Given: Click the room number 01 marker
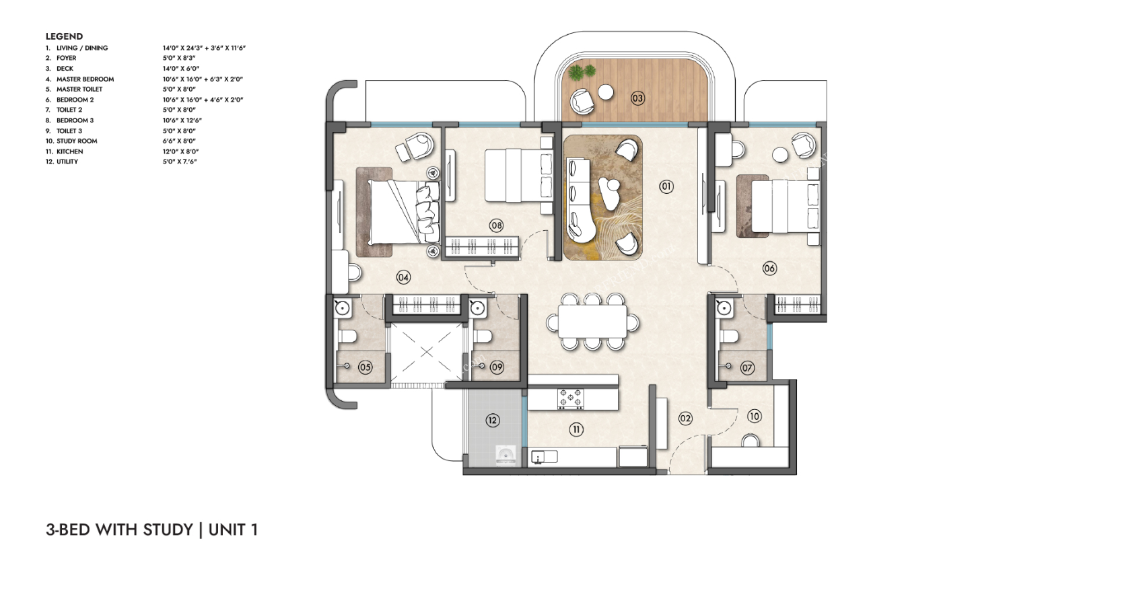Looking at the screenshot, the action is (666, 187).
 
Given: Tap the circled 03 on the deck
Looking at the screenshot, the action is (637, 98).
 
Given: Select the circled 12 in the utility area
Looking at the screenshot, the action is (493, 421).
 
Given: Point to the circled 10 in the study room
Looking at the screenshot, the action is (755, 417).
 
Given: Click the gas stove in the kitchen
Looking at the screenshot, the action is (571, 399).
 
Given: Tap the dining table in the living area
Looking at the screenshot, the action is (592, 321).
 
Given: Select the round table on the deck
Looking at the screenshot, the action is (606, 92).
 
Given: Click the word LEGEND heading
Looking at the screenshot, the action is (64, 36).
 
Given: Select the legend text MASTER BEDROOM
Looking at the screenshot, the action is (85, 79).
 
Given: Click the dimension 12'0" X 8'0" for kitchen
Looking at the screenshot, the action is (181, 151).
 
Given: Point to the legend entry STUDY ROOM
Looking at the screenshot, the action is (77, 141).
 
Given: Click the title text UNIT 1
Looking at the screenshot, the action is (233, 530).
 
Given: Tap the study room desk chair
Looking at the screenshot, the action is (751, 441).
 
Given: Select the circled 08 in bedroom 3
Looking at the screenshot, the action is (495, 225).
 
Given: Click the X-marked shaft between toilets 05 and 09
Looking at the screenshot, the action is (427, 352).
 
